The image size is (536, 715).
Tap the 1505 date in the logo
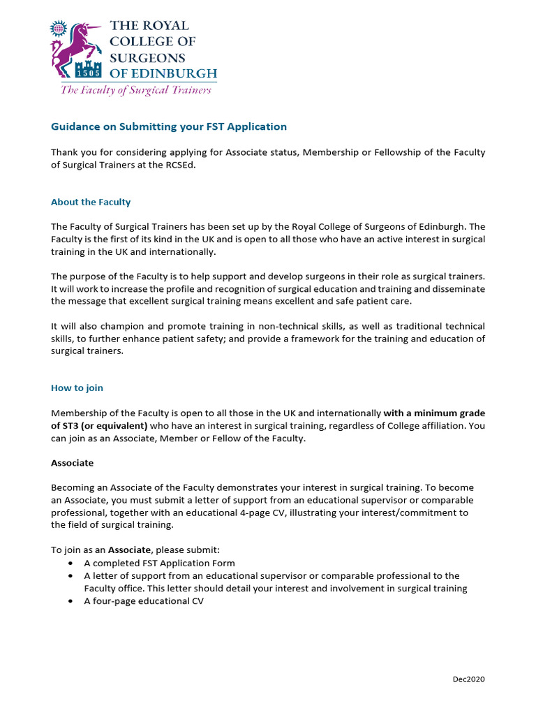coord(92,72)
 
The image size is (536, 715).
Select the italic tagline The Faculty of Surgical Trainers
coord(135,89)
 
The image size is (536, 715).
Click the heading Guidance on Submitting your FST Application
coord(169,126)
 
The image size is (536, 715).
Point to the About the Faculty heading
coord(91,202)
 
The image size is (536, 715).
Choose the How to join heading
coord(77,388)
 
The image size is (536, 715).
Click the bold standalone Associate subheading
coord(72,463)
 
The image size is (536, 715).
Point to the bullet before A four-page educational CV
coord(72,601)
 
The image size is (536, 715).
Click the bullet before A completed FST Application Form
coord(72,563)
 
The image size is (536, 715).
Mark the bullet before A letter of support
coord(72,576)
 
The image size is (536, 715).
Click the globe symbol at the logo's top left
coord(57,29)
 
